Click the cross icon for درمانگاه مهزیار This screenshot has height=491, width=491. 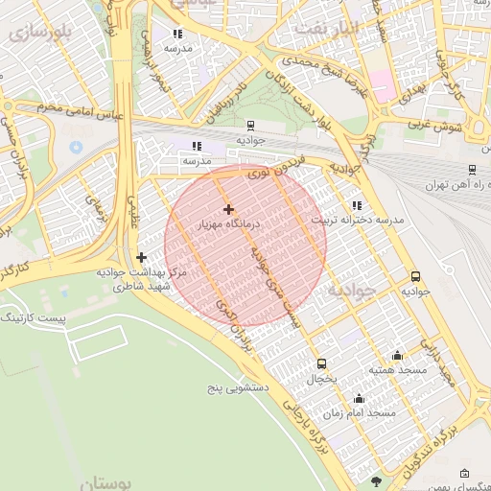(x=227, y=209)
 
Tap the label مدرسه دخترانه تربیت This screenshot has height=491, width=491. (x=364, y=221)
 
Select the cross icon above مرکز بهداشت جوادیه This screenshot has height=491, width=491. (x=142, y=257)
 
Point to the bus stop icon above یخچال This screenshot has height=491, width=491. (x=321, y=363)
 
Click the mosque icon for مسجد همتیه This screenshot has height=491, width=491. (x=397, y=355)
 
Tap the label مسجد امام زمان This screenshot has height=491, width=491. (x=359, y=413)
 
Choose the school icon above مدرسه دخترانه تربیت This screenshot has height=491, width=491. (x=357, y=205)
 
